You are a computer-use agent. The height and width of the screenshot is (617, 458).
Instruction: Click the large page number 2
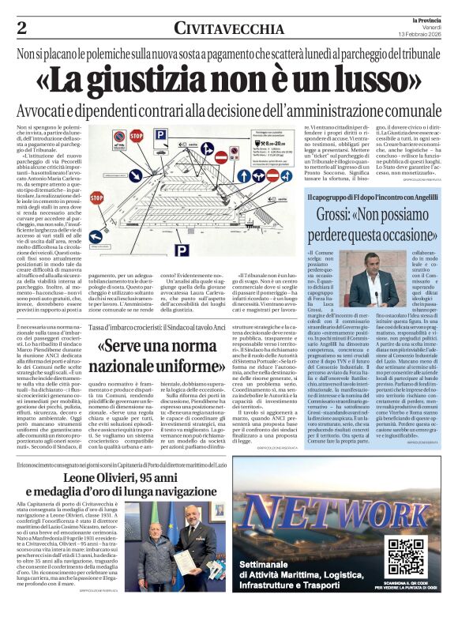[22, 28]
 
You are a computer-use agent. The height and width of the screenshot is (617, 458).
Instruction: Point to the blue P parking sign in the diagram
[161, 135]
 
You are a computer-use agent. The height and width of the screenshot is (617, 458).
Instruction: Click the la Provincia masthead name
[421, 17]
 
